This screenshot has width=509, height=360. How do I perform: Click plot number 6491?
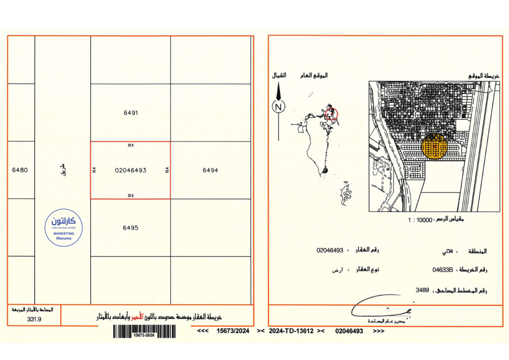[x=130, y=113]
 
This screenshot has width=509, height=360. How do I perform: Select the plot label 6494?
[x=210, y=170]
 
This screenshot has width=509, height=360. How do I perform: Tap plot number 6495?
[x=130, y=228]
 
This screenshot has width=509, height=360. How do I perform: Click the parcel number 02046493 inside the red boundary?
[x=130, y=170]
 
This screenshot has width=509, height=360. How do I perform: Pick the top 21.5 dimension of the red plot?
[x=130, y=145]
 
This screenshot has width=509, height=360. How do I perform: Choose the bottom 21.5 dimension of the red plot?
[x=130, y=195]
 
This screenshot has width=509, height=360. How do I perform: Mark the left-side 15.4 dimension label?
[x=94, y=170]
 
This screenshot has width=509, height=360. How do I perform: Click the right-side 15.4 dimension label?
[x=167, y=170]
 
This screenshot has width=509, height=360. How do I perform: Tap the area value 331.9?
[x=34, y=319]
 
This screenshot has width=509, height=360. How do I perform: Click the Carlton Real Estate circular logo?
[x=64, y=228]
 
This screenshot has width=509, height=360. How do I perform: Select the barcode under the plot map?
[x=144, y=331]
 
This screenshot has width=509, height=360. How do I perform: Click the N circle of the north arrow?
[x=279, y=106]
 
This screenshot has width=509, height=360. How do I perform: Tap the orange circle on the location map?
[x=435, y=146]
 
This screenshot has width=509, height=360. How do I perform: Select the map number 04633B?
[x=443, y=270]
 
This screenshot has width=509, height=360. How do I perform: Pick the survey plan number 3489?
[x=422, y=290]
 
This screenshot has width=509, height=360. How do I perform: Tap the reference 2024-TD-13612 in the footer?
[x=291, y=331]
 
